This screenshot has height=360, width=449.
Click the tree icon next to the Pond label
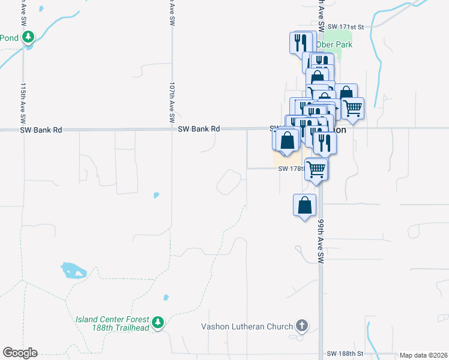[28, 38]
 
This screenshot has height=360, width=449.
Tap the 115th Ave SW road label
[23, 99]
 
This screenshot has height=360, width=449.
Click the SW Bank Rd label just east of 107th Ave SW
[199, 129]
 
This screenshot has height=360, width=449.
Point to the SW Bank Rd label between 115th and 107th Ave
[41, 130]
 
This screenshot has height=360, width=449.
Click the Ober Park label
[335, 44]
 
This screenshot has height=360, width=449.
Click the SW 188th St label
[346, 355]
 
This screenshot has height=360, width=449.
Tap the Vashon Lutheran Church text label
[247, 327]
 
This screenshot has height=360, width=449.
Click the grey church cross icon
[302, 326]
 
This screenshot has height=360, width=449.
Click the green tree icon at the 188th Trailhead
[158, 323]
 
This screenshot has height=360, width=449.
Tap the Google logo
[20, 353]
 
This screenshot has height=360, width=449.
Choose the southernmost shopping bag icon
[305, 205]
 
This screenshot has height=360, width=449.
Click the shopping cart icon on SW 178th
[316, 168]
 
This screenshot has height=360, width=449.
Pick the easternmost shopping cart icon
[353, 108]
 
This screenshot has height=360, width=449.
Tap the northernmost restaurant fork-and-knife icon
[299, 42]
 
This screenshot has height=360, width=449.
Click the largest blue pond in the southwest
[73, 270]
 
